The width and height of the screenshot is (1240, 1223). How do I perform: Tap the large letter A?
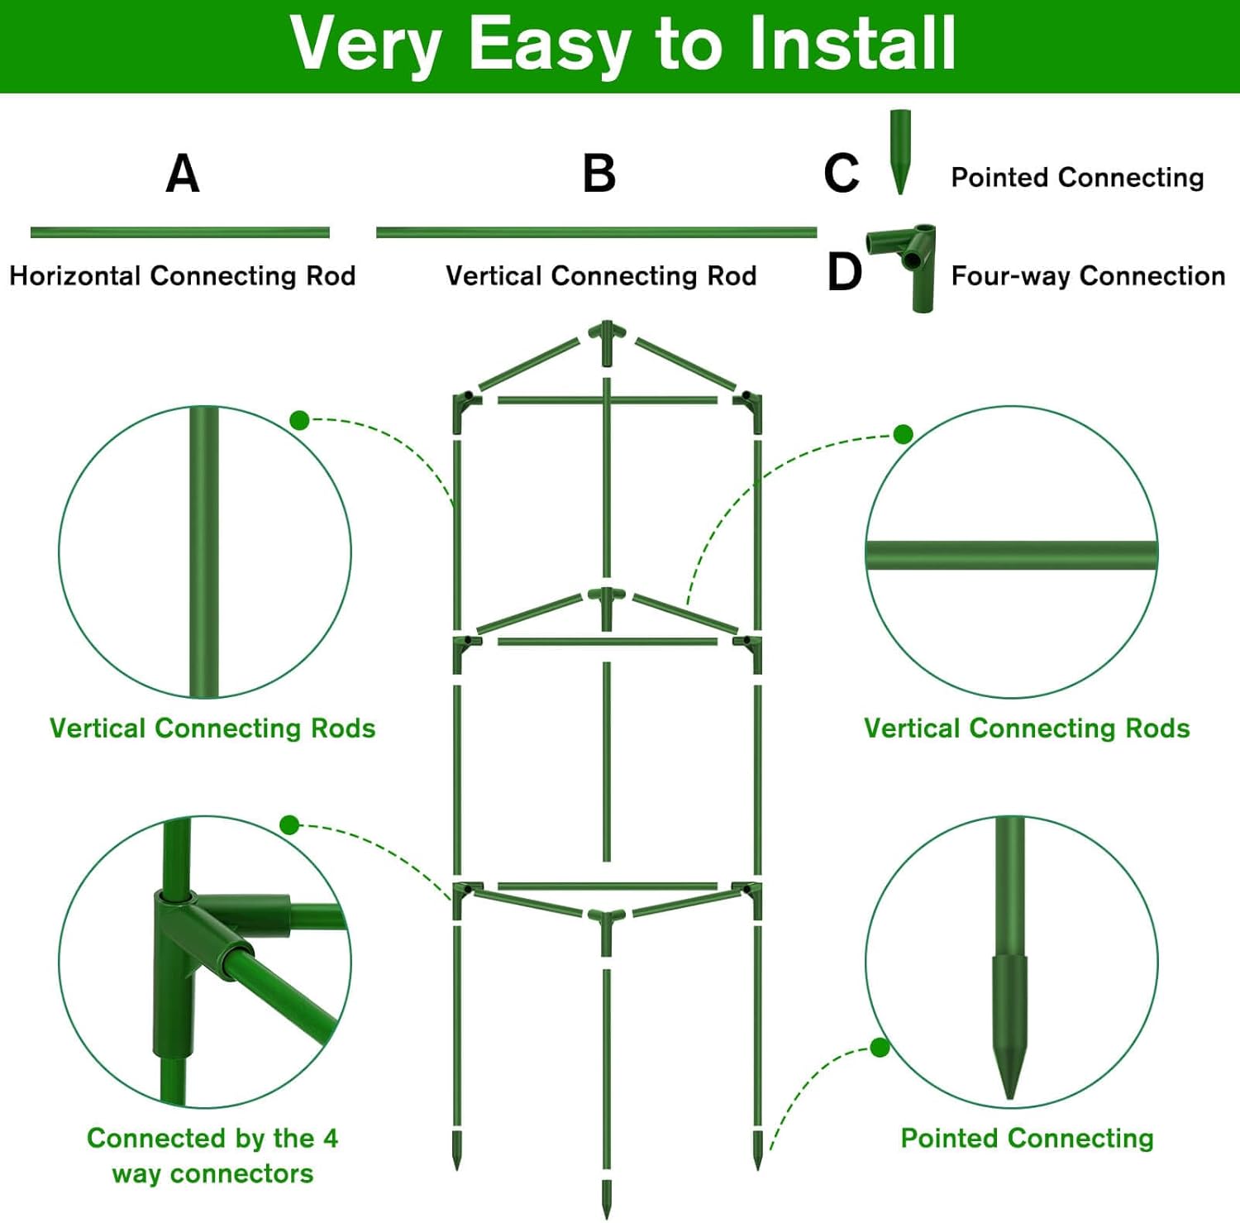coord(183,174)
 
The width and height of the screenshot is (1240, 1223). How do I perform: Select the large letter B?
coord(599,174)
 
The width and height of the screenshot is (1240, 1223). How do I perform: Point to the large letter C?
coord(842,174)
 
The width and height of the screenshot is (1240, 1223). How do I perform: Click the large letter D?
coord(844,272)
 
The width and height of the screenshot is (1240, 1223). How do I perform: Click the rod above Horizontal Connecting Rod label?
coord(180,232)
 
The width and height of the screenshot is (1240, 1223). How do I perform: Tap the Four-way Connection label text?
coord(1088,275)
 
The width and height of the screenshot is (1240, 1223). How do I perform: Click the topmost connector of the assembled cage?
coord(607,339)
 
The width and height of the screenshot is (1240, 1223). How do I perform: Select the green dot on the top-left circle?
coord(300,421)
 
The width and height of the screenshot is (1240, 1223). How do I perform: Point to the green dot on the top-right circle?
coord(904,434)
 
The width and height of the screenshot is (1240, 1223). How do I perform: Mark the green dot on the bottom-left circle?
coord(289,824)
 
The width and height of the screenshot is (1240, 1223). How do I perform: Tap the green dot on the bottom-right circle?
coord(880,1048)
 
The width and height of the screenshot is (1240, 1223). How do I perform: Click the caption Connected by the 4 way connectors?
coord(212,1155)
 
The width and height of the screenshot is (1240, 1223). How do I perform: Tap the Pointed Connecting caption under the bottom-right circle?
coord(1027,1138)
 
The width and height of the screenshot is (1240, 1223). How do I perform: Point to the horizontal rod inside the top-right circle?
coord(1011,555)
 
